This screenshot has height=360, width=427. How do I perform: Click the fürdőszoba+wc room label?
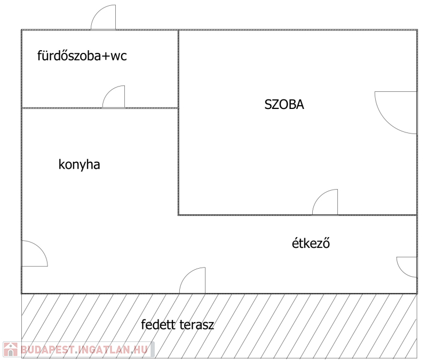(82, 56)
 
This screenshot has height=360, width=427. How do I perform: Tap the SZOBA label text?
(284, 105)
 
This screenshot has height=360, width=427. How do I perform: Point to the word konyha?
(79, 165)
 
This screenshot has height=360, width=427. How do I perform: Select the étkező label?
(311, 243)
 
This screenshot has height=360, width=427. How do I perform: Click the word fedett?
(158, 324)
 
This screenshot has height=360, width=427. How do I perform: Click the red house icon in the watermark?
(10, 349)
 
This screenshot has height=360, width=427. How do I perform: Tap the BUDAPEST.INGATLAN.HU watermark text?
(84, 350)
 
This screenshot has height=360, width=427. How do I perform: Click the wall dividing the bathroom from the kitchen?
(100, 108)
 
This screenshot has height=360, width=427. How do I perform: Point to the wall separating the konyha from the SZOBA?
(178, 123)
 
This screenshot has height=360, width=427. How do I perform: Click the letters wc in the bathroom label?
(118, 56)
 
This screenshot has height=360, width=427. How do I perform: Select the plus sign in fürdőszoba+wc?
(105, 56)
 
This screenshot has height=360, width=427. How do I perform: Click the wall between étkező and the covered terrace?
(219, 294)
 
